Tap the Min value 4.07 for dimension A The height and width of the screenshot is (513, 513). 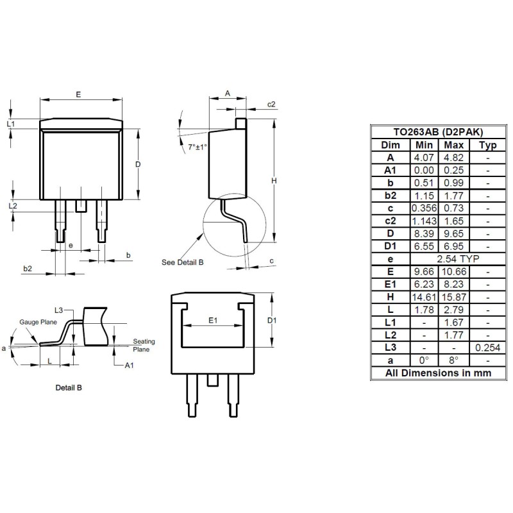(x=424, y=158)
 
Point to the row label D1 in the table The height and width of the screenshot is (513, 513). (x=390, y=246)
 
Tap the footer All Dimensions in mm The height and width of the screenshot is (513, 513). (x=437, y=373)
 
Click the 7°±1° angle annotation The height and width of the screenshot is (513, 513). (x=198, y=147)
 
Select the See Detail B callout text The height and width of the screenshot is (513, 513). (x=182, y=263)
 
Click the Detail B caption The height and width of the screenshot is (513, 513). (x=68, y=388)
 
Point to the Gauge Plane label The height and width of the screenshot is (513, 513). (x=38, y=322)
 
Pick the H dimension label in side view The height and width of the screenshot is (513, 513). (x=274, y=181)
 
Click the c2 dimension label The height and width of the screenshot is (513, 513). (x=271, y=105)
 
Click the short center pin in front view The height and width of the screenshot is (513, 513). (x=81, y=205)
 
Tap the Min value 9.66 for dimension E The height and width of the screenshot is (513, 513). (x=424, y=271)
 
